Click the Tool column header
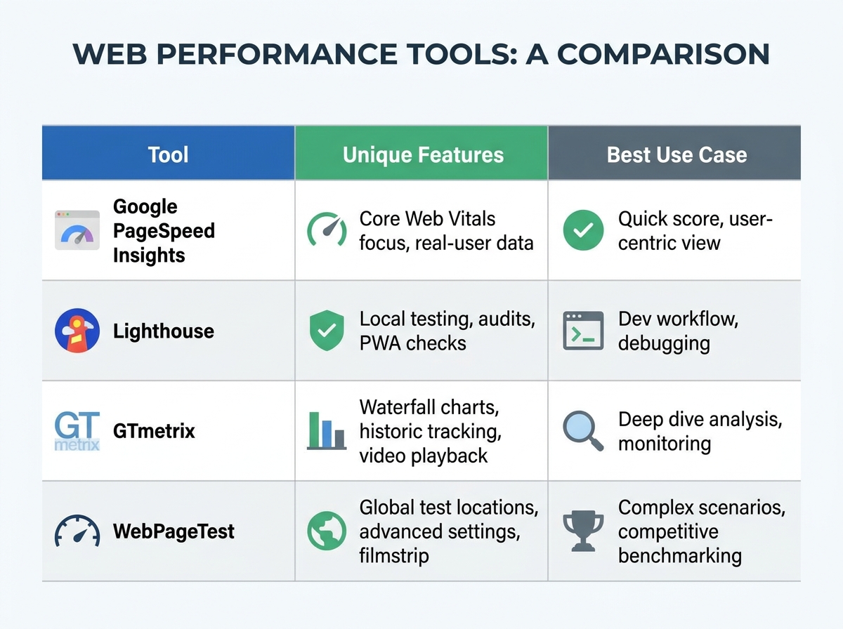169,154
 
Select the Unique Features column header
423,154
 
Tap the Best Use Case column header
677,154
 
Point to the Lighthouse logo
77,331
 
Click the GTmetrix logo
77,430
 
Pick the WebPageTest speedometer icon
77,531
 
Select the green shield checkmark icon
327,331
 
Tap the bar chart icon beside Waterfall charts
327,430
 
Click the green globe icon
327,531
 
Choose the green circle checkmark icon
583,230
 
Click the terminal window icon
583,331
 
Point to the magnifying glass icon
583,430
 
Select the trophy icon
583,531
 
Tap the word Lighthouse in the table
164,331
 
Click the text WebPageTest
174,531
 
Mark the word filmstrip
394,556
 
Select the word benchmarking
679,556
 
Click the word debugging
664,344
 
